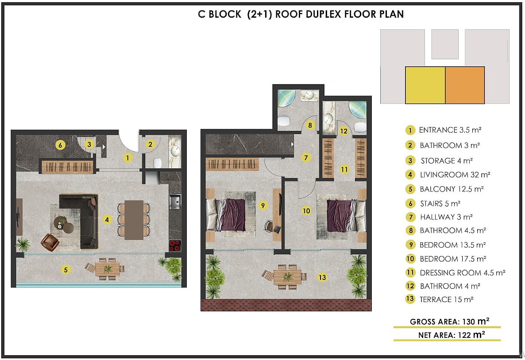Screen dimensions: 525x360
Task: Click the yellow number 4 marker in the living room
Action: coord(107,220)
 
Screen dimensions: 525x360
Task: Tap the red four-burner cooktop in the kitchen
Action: coord(175,245)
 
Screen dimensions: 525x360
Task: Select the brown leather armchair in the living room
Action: coord(50,242)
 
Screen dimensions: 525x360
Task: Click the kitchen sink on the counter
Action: coord(175,201)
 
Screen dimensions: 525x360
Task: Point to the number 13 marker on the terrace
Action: coord(322,277)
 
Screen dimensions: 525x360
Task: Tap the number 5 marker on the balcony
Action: coord(66,270)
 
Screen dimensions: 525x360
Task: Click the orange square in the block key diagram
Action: coord(465,85)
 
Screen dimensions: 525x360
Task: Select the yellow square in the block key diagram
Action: coord(425,85)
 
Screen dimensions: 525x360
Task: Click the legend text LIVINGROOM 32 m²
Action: coord(455,175)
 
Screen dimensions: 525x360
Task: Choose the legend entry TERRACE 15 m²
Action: coord(446,299)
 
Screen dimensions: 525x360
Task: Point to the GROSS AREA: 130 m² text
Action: coord(450,322)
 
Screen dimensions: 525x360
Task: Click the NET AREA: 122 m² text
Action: coord(452,335)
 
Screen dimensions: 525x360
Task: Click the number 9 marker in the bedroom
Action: coord(263,205)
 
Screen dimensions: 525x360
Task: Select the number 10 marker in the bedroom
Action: coord(306,211)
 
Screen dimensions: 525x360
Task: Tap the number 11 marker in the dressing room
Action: coord(344,170)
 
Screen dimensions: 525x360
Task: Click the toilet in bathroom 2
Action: coord(157,163)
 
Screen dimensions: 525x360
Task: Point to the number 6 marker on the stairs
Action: coord(60,145)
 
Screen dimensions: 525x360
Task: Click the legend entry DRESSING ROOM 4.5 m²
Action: coord(463,273)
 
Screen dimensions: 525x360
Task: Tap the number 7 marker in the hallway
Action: coord(306,157)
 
